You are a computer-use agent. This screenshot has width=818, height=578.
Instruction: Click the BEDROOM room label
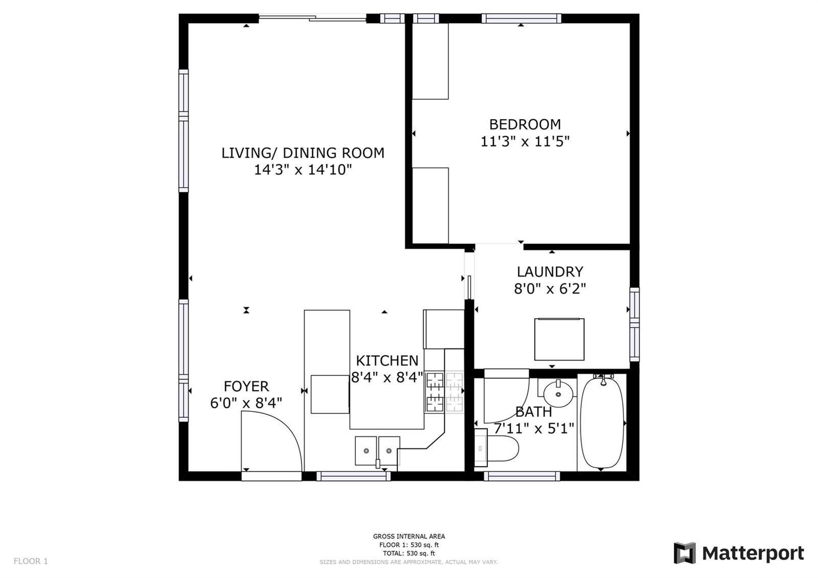525,125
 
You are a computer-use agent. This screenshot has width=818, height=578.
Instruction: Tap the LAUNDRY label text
550,272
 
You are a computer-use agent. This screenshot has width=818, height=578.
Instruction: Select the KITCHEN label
387,361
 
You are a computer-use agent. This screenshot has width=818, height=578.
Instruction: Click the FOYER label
246,386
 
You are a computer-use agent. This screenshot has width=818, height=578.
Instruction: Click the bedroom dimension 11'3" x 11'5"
525,141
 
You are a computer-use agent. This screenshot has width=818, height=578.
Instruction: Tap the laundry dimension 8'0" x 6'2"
550,289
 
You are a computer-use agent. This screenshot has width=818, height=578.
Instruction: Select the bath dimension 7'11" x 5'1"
534,428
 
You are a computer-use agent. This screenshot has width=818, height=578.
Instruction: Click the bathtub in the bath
602,423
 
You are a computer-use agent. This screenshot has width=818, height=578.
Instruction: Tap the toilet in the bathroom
496,448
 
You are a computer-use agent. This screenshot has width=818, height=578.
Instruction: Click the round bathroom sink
558,392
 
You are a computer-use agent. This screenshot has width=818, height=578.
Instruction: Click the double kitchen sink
378,451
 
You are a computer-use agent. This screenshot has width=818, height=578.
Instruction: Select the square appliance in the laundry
559,340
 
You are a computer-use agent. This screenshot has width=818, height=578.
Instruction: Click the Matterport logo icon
685,553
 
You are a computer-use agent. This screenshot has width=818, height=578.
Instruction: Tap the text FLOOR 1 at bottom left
31,561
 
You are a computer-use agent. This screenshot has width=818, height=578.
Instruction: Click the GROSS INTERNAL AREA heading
409,537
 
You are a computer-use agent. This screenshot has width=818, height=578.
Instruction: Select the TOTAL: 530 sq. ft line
409,553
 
